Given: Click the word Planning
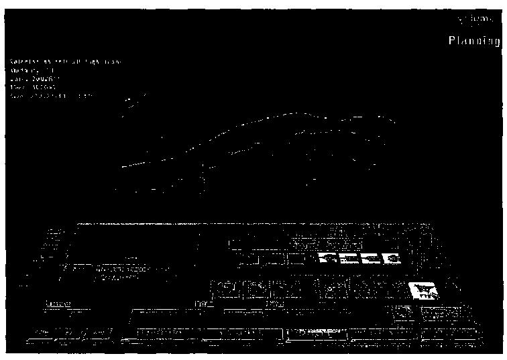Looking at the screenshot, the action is (x=474, y=42).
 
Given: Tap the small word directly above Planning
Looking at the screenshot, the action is (x=479, y=18).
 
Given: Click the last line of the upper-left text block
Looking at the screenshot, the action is (x=54, y=96).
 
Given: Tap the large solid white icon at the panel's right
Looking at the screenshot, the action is (x=425, y=291).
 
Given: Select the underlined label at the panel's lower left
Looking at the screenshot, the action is (x=58, y=304).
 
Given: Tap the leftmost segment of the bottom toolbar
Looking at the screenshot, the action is (x=67, y=333).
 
